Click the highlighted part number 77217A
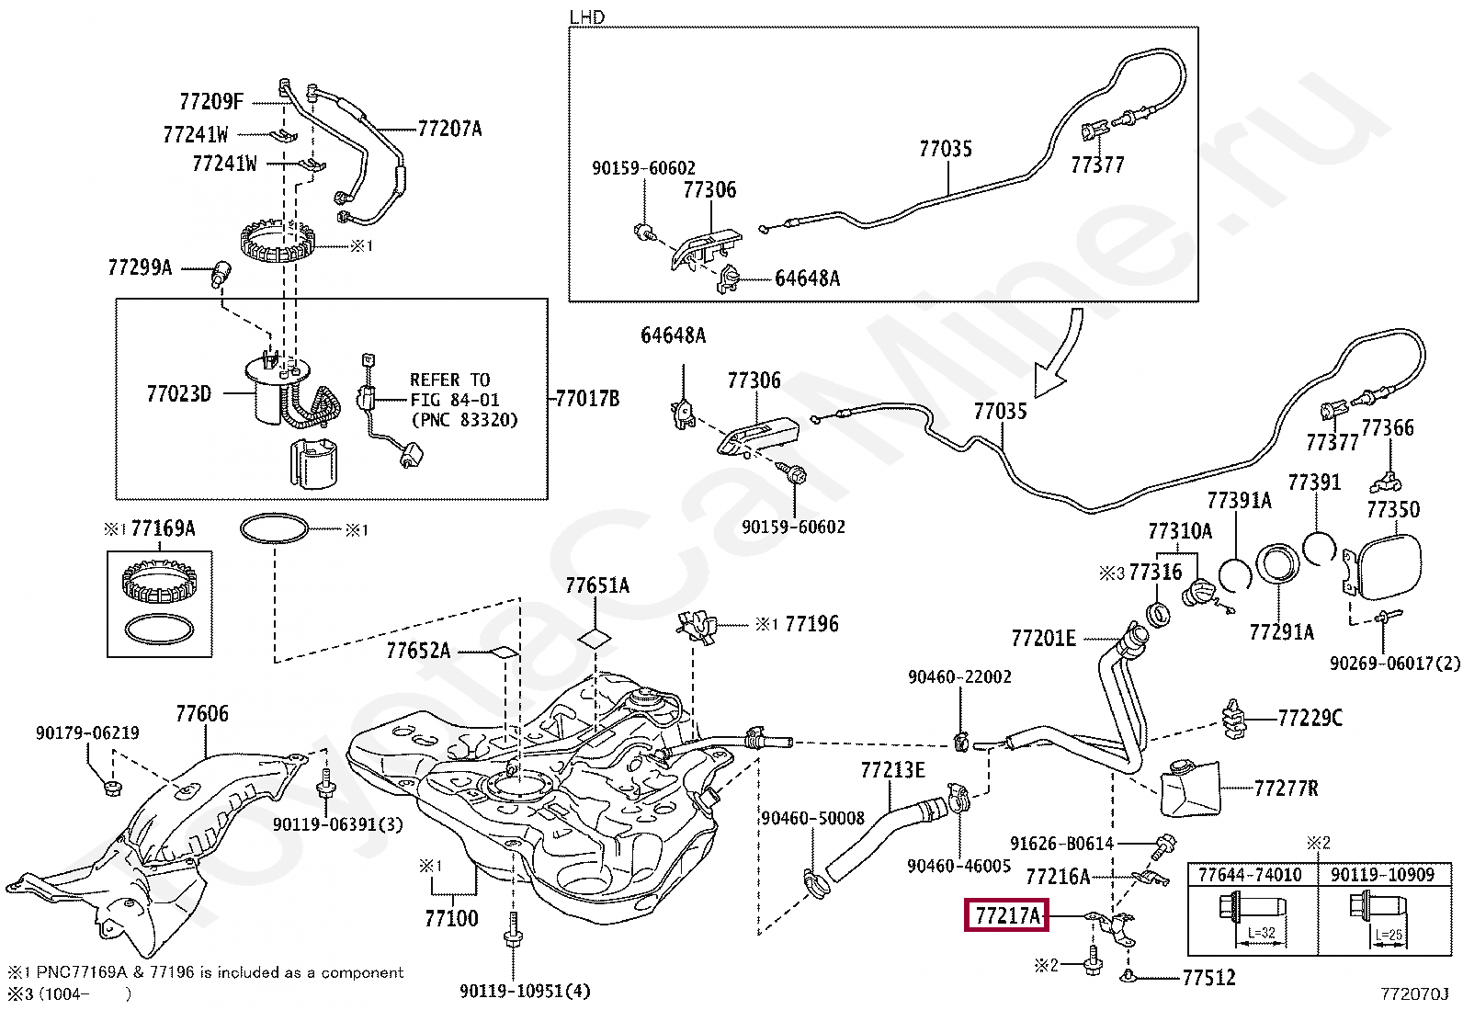pyautogui.click(x=1006, y=915)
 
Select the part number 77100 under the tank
pyautogui.click(x=451, y=918)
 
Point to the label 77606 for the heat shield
pyautogui.click(x=202, y=713)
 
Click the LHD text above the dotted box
pyautogui.click(x=586, y=17)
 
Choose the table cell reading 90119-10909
pyautogui.click(x=1382, y=874)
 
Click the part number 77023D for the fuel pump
pyautogui.click(x=179, y=393)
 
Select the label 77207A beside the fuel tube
pyautogui.click(x=449, y=129)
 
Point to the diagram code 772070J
pyautogui.click(x=1414, y=993)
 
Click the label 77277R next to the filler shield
pyautogui.click(x=1286, y=788)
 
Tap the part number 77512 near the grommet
pyautogui.click(x=1209, y=977)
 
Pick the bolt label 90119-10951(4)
pyautogui.click(x=525, y=991)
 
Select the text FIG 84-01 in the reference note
pyautogui.click(x=455, y=399)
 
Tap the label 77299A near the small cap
pyautogui.click(x=139, y=267)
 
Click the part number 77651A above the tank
pyautogui.click(x=597, y=585)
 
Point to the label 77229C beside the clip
pyautogui.click(x=1310, y=718)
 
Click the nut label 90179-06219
pyautogui.click(x=87, y=732)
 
